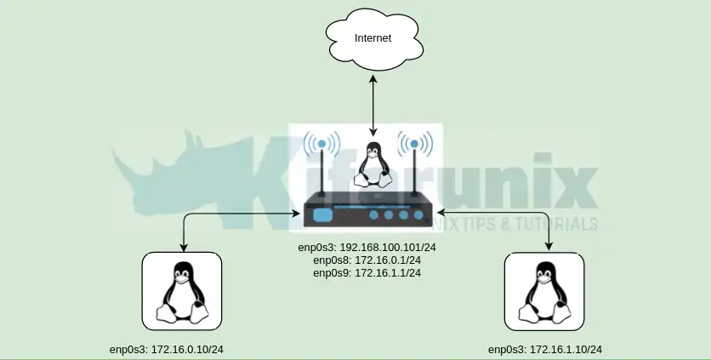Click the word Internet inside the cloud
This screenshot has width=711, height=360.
pos(373,38)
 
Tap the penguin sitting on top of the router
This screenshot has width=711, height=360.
pos(372,164)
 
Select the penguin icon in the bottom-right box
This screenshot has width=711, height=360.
pos(545,292)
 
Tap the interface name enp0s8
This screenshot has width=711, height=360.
pos(331,260)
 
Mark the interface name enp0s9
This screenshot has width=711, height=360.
pos(331,273)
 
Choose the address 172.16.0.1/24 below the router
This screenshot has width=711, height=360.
pos(388,260)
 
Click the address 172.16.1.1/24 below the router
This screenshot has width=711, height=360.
pos(388,273)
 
